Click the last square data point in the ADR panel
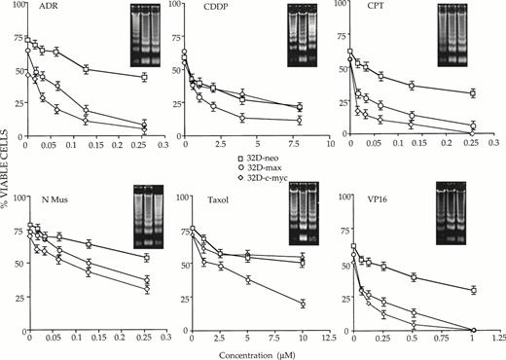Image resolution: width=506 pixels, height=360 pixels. pos(144,77)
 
